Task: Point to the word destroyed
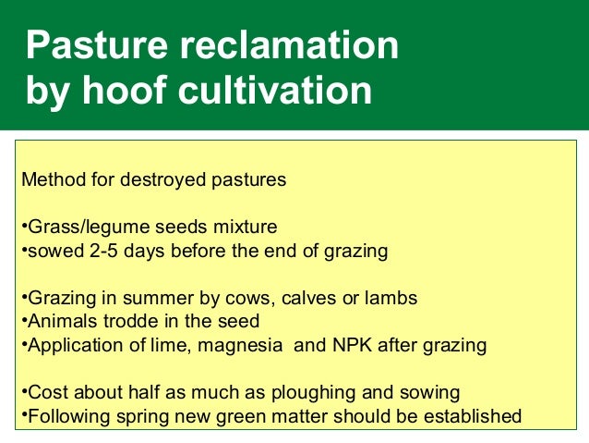click(x=162, y=178)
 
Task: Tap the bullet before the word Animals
click(x=22, y=322)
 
